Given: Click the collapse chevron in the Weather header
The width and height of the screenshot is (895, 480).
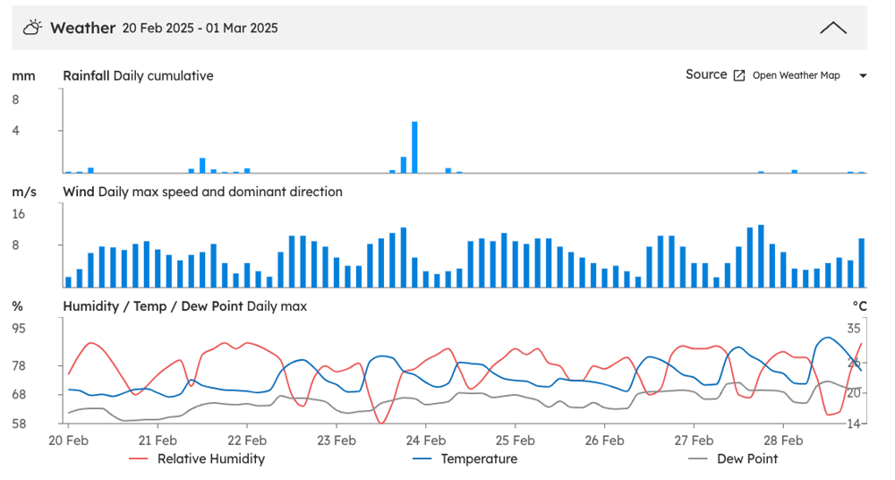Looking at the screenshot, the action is (832, 28).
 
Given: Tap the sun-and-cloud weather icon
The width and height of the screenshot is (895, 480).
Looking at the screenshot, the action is (32, 28).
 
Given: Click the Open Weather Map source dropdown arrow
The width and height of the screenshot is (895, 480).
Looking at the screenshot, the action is (863, 75).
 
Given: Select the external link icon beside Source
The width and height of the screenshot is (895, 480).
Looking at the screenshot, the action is (738, 75).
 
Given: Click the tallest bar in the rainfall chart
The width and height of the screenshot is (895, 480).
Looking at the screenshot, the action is (414, 147).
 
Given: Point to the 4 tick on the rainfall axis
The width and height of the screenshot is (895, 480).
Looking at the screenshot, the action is (15, 130).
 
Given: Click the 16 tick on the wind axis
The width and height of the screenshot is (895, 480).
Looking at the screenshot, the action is (18, 214).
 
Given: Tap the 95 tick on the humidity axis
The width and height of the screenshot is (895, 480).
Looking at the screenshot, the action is (19, 328).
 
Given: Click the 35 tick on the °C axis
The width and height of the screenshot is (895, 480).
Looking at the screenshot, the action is (853, 328).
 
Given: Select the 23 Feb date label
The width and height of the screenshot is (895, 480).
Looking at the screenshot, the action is (337, 441).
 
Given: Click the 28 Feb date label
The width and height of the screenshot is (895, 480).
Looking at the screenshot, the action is (783, 441).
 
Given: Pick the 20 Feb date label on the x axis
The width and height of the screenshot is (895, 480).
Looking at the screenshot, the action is (69, 441).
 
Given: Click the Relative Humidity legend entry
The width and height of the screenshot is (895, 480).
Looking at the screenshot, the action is (197, 459).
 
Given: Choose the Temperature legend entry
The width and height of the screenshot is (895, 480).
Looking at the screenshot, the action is (465, 459).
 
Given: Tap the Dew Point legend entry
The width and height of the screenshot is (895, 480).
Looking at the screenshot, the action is (733, 459).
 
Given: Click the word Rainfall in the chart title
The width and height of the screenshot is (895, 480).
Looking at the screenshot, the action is (86, 75).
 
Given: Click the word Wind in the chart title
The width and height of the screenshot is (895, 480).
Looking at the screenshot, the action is (79, 192).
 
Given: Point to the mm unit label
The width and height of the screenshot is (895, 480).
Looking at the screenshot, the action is (23, 76).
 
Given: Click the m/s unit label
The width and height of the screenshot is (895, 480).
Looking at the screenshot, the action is (24, 192).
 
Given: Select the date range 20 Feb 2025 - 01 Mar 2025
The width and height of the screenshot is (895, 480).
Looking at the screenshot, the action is (200, 28).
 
